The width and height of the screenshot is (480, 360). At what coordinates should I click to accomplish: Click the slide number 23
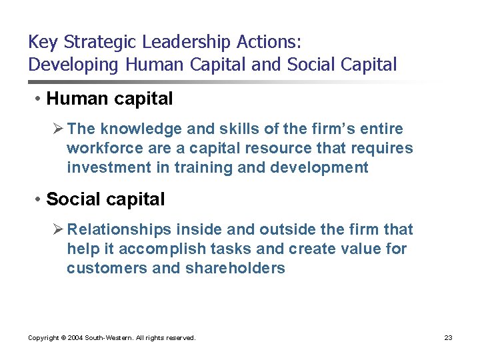(448, 338)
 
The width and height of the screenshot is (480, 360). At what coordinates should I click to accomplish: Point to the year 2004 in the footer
(75, 338)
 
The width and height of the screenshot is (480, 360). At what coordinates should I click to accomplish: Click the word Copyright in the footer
(44, 338)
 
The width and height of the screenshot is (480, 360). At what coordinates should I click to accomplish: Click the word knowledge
(131, 129)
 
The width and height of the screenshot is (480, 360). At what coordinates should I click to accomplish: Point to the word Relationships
(119, 229)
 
